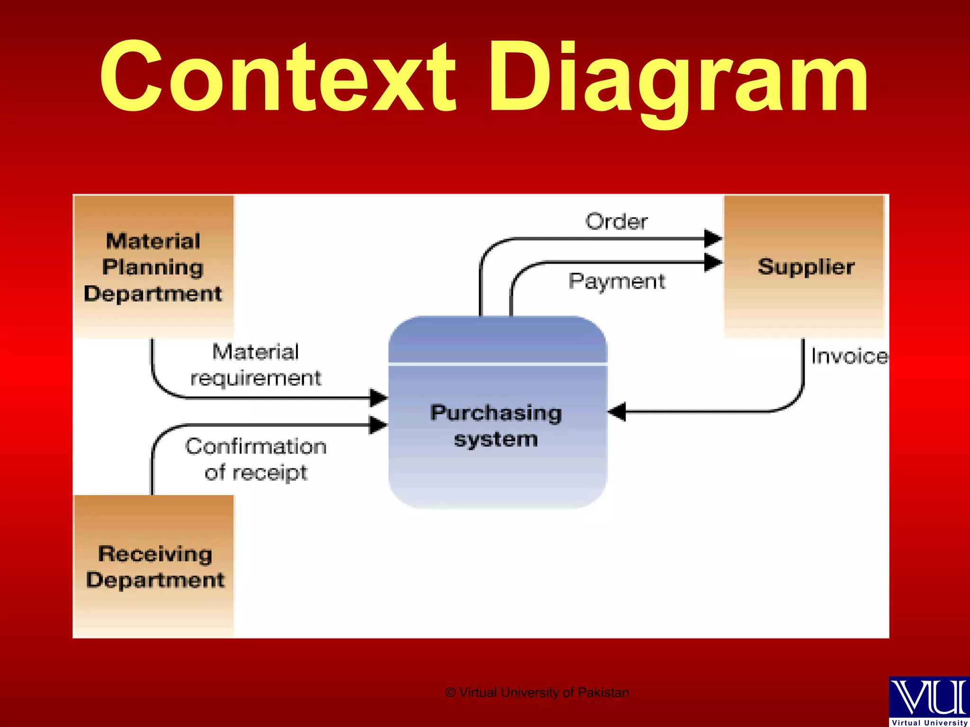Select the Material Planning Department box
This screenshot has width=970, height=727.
tap(153, 266)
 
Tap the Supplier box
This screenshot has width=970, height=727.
tap(805, 266)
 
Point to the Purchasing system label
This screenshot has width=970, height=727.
tap(496, 426)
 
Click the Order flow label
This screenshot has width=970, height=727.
tap(616, 222)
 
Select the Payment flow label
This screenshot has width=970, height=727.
tap(617, 281)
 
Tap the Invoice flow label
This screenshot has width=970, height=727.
tap(849, 356)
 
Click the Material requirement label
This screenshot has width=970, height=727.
tap(256, 365)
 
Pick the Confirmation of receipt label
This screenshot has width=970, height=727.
tap(256, 459)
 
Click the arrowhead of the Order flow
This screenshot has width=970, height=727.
tap(712, 238)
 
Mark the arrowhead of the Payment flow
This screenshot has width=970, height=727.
tap(712, 262)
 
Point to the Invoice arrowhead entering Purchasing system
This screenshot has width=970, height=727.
tap(617, 411)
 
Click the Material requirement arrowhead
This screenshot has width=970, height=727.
tap(378, 398)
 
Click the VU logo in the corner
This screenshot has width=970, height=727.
tap(929, 700)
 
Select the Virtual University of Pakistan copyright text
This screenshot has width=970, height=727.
tap(537, 692)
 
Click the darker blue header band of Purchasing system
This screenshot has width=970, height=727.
tap(497, 340)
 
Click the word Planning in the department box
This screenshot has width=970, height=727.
tap(153, 267)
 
